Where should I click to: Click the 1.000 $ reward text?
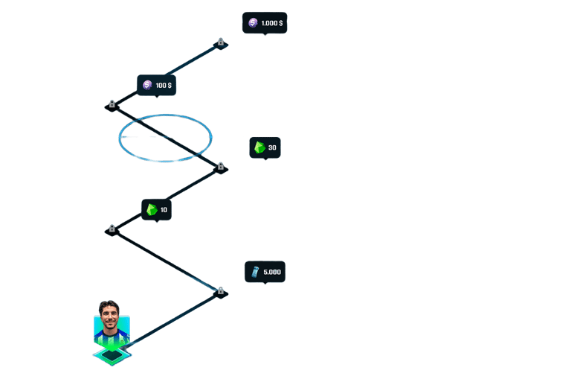click(272, 23)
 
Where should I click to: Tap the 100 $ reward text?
click(164, 86)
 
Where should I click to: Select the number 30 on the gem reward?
click(272, 147)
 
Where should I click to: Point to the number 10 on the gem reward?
click(164, 210)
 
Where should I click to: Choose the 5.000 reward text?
click(272, 272)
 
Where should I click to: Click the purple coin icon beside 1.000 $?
click(253, 23)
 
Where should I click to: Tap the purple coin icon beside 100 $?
click(147, 86)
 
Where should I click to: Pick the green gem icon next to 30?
click(259, 147)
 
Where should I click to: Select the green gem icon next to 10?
click(152, 210)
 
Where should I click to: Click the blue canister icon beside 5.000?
click(255, 272)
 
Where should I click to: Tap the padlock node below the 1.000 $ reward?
click(220, 42)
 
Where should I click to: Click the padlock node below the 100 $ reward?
click(112, 104)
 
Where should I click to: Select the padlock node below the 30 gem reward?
click(220, 167)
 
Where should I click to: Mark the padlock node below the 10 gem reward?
click(112, 229)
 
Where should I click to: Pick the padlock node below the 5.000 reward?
click(220, 291)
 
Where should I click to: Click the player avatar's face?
click(110, 319)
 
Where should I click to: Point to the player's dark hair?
click(110, 305)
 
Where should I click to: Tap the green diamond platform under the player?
click(112, 357)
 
